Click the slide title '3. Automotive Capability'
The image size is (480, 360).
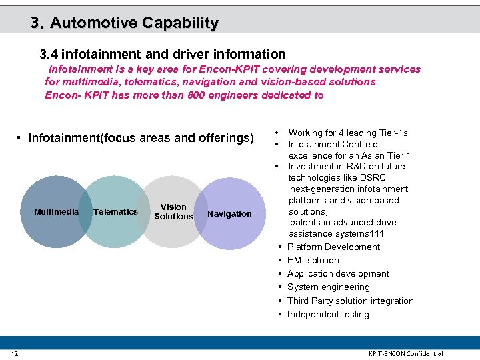125,23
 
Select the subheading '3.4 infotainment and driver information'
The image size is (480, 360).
163,54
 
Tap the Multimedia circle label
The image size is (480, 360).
56,212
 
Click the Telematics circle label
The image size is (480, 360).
115,212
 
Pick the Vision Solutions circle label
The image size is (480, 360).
173,212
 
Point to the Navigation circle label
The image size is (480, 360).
229,214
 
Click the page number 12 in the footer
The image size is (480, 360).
14,353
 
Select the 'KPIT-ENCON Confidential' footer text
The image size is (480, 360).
406,353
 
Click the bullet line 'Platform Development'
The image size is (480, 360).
333,247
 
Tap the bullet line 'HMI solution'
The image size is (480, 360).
313,261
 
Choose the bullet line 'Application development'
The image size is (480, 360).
338,274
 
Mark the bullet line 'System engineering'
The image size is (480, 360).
328,287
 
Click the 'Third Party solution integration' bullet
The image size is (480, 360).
350,301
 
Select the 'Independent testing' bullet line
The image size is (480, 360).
328,315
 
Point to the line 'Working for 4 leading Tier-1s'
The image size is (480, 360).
348,133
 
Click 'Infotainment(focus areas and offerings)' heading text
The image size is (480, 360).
141,139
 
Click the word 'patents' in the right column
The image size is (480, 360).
305,223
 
